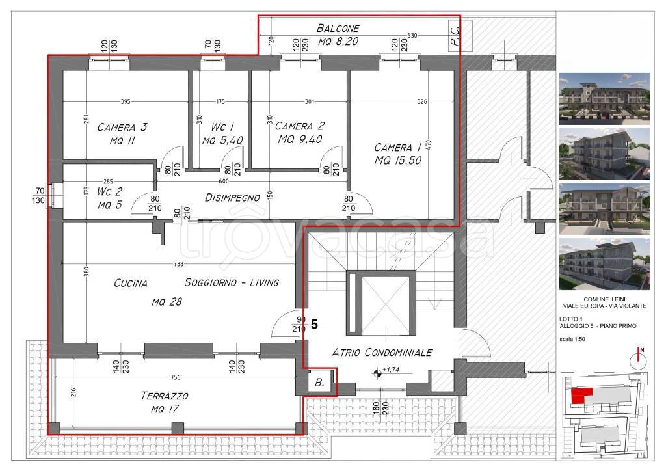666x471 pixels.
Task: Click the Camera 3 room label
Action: pos(122,128)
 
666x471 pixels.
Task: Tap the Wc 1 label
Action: pos(222,127)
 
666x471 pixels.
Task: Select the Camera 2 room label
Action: pos(299,126)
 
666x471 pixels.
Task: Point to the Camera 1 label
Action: pos(398,148)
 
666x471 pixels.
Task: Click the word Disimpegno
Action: pos(232,198)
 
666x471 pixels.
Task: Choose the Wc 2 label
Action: pos(109,191)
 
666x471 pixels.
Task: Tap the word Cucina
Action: pos(130,283)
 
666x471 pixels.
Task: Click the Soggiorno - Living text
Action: pos(232,282)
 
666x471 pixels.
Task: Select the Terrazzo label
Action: pos(165,396)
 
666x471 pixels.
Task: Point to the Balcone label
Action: pos(338,29)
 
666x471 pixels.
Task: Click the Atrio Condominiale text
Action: pos(382,352)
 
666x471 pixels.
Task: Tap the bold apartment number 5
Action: pos(314,325)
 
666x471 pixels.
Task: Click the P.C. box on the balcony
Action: pos(454,36)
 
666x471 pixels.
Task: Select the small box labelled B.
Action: pos(320,383)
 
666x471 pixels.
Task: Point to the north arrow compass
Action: pos(639,359)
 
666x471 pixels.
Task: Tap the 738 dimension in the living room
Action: pos(178,264)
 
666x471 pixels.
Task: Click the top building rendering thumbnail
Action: pos(604,98)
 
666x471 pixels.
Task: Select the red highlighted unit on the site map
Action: pos(581,396)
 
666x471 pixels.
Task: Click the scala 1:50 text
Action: pos(572,339)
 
